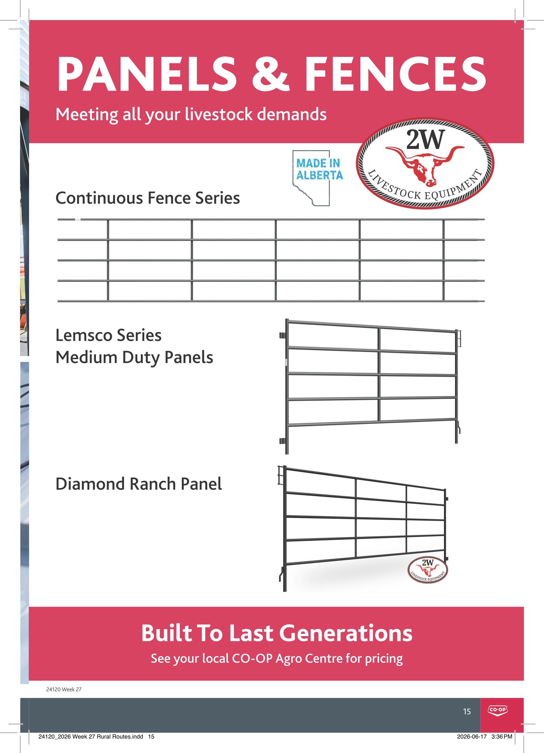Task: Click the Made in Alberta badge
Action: pyautogui.click(x=317, y=177)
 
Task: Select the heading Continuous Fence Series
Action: pyautogui.click(x=148, y=198)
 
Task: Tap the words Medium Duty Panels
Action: pyautogui.click(x=134, y=358)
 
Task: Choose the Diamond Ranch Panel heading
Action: pyautogui.click(x=139, y=484)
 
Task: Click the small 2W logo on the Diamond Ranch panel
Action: pyautogui.click(x=427, y=569)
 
